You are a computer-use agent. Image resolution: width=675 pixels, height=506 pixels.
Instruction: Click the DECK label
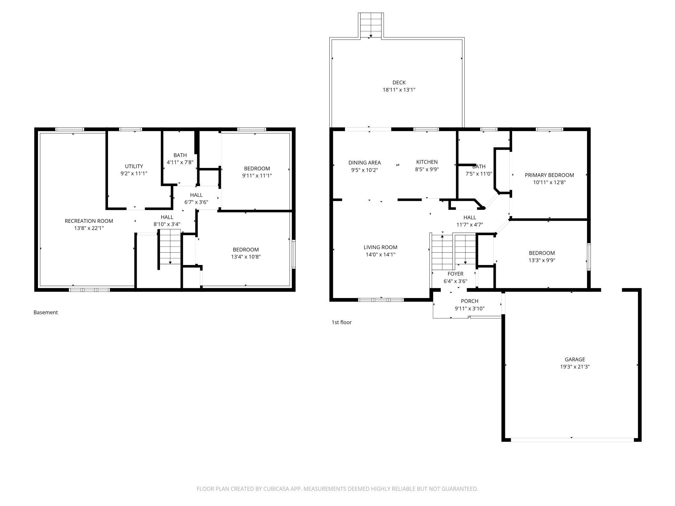399,83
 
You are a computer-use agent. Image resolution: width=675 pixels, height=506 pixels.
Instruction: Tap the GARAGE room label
575,359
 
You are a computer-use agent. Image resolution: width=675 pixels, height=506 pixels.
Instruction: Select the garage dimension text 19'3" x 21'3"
575,367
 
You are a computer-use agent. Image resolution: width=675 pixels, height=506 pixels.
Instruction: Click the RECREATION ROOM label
89,221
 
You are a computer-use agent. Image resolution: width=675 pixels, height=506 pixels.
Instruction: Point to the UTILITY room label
134,166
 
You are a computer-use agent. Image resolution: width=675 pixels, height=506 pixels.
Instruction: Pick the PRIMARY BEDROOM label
549,175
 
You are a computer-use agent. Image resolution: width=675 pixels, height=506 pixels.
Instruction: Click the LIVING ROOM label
380,247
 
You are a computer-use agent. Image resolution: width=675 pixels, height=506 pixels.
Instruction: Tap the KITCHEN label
427,162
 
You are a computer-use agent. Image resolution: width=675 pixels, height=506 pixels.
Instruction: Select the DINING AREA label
364,163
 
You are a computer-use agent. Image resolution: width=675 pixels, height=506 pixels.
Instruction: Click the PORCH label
470,301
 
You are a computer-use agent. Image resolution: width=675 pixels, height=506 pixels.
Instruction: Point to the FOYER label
455,274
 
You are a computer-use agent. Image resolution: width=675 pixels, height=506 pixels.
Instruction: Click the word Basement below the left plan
46,312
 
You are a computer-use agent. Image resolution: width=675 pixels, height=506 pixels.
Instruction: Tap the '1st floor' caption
341,322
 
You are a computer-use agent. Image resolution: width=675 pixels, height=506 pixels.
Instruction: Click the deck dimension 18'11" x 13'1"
399,90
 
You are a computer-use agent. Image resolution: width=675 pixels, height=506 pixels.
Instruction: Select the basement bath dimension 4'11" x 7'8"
180,162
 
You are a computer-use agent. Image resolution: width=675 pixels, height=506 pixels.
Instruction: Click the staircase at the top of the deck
371,25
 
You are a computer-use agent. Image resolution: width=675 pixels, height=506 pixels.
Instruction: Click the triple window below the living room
381,300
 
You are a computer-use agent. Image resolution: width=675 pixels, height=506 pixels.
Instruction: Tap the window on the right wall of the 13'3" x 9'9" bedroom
589,257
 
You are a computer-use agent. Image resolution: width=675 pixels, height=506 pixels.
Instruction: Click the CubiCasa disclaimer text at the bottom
337,488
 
